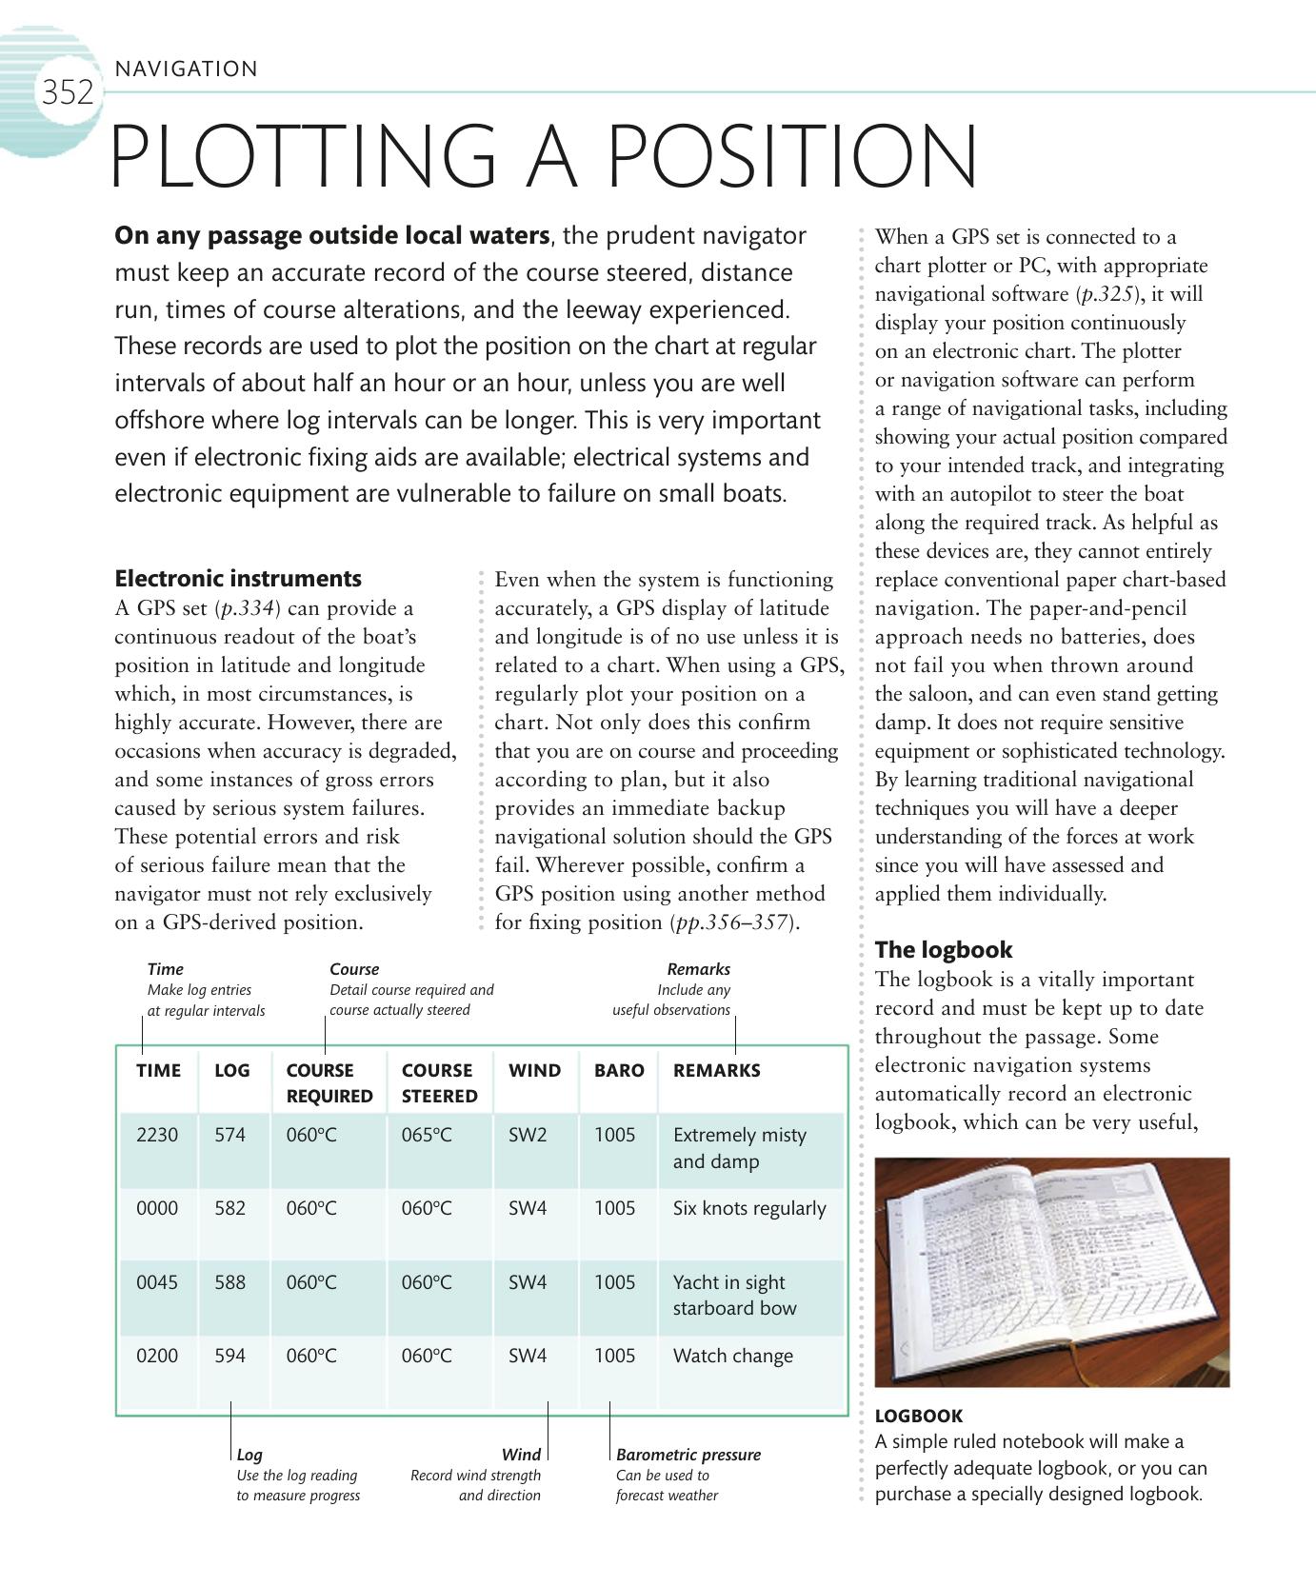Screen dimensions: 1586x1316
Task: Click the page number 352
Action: point(67,93)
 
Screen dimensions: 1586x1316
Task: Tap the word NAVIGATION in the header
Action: point(186,69)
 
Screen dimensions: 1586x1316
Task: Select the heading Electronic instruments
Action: point(238,579)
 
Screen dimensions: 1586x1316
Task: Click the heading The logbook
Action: point(943,949)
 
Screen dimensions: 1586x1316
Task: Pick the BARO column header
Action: point(619,1070)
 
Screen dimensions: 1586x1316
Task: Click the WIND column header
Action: point(534,1070)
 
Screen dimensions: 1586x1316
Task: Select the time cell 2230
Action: point(157,1135)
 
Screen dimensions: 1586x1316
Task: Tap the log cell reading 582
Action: point(229,1208)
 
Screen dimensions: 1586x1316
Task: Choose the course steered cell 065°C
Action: point(427,1135)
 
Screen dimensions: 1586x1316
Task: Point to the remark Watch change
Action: point(732,1356)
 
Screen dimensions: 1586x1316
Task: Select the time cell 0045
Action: point(157,1282)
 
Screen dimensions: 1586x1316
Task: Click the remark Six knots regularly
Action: point(749,1208)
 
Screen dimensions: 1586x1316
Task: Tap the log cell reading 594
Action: point(229,1356)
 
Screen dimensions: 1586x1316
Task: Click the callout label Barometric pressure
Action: point(688,1455)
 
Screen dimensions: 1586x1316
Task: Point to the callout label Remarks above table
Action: point(698,969)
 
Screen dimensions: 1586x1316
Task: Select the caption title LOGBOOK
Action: point(918,1416)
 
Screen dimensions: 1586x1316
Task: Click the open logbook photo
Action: point(1051,1272)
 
